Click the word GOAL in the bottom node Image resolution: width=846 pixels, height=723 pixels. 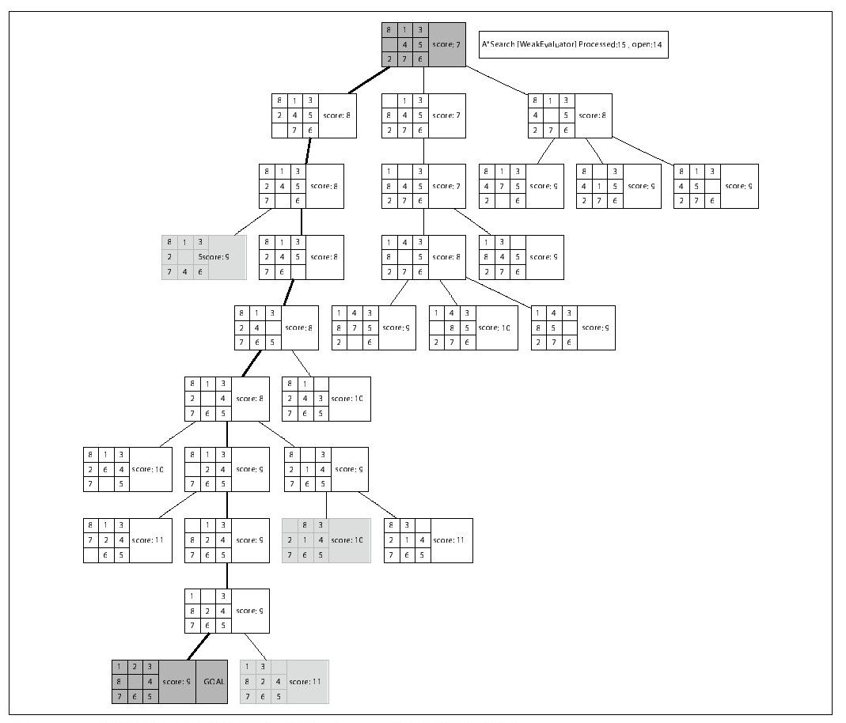214,682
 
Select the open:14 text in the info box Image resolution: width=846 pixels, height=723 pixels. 647,45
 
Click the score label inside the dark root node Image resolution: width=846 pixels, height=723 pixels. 446,45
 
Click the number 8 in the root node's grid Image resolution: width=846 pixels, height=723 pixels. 389,30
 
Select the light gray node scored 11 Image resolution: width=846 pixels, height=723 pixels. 283,682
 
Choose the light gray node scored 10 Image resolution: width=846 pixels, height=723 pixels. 326,540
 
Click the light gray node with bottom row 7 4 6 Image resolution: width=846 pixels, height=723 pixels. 203,257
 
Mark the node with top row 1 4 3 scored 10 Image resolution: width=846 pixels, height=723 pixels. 473,327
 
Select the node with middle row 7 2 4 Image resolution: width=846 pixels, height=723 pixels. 127,540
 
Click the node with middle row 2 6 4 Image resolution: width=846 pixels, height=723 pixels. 127,470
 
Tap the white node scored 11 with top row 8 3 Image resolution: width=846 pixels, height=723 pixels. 428,540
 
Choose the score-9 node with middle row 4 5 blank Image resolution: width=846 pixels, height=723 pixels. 715,186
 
